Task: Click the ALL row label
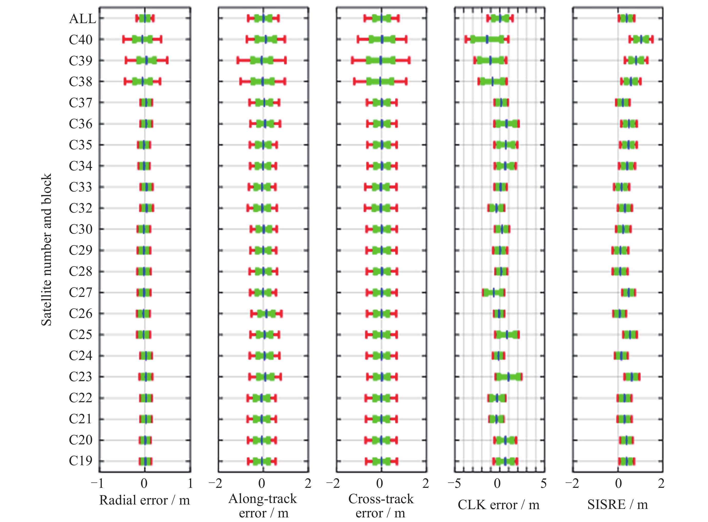[x=82, y=19]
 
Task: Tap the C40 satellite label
[x=81, y=40]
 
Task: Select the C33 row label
[x=81, y=187]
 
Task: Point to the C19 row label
[x=81, y=461]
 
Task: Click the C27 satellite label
[x=81, y=292]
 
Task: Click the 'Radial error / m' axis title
[x=145, y=500]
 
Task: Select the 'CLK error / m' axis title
[x=499, y=505]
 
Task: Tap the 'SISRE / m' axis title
[x=617, y=505]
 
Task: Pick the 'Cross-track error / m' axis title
[x=381, y=506]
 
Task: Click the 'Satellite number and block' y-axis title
[x=46, y=250]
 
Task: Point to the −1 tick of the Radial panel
[x=97, y=483]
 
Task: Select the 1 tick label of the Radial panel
[x=190, y=483]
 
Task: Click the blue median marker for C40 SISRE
[x=641, y=40]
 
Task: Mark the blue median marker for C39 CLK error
[x=490, y=60]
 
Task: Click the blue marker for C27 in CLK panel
[x=493, y=292]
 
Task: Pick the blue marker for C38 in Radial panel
[x=142, y=81]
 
